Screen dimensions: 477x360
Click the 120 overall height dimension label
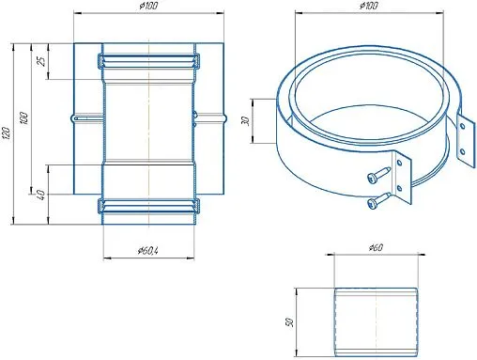[x=8, y=133]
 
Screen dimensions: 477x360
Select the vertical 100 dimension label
[x=24, y=117]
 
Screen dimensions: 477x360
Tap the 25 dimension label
[x=41, y=60]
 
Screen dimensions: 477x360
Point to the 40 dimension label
[x=41, y=195]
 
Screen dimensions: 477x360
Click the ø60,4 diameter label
[x=147, y=251]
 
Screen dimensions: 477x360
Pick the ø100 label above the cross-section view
[x=149, y=6]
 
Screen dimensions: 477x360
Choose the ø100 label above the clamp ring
[x=369, y=6]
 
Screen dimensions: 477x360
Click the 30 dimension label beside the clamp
[x=246, y=121]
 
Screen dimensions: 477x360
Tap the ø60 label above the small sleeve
[x=376, y=248]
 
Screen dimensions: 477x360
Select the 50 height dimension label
[x=289, y=322]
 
